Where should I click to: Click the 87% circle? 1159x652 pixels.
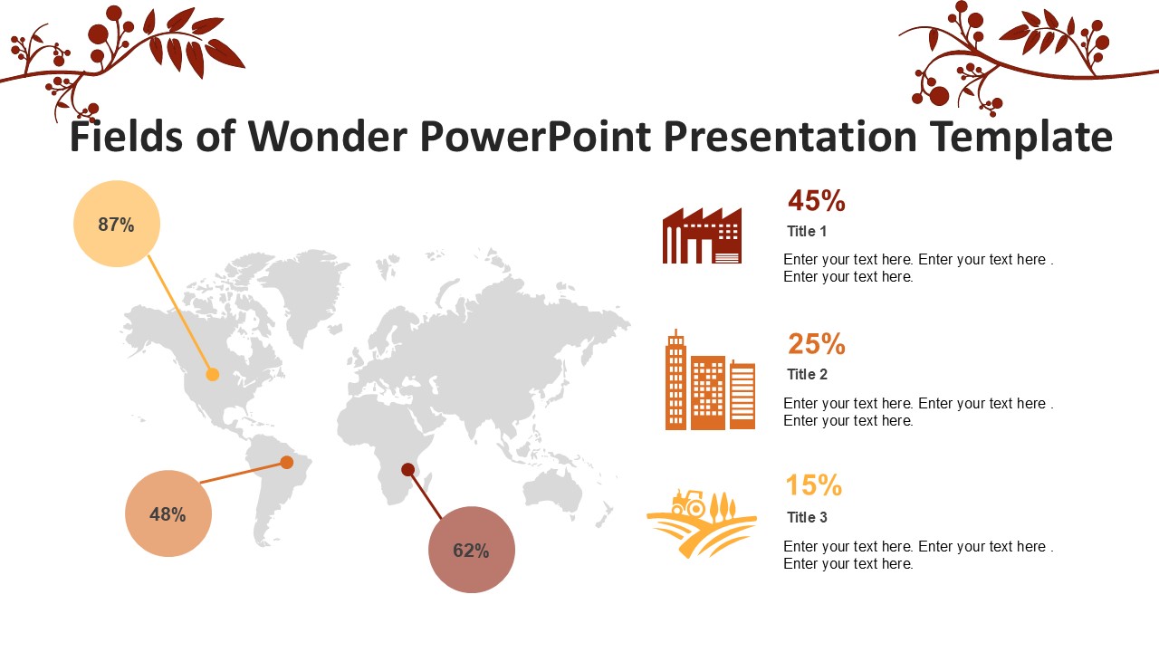(x=117, y=224)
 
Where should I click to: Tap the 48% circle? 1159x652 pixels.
(x=168, y=513)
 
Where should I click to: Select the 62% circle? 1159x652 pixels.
(x=472, y=550)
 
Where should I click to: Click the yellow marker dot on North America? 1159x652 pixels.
(x=212, y=374)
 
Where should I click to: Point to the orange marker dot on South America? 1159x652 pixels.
(x=287, y=462)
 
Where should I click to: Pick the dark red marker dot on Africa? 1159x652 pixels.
(x=407, y=469)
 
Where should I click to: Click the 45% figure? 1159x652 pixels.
(x=817, y=201)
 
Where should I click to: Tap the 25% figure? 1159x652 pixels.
(x=817, y=344)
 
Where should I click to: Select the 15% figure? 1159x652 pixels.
(x=814, y=485)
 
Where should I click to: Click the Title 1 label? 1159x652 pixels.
(x=807, y=231)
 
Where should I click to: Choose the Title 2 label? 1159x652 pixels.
(x=807, y=374)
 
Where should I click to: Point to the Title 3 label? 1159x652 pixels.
(x=807, y=517)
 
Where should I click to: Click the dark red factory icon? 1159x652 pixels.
(x=702, y=235)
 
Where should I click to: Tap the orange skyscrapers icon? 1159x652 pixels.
(x=710, y=379)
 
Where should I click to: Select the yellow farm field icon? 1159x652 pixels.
(x=702, y=523)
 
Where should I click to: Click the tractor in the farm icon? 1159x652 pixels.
(x=688, y=503)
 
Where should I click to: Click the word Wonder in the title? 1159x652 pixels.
(x=328, y=136)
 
